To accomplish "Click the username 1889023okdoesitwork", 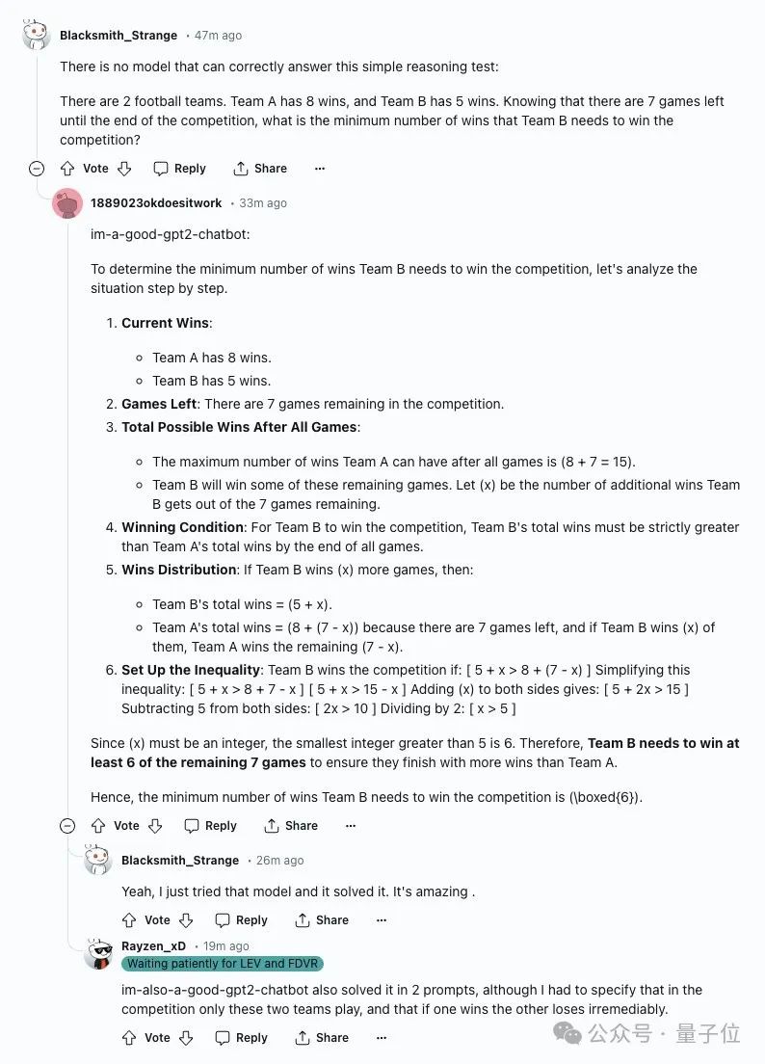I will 156,203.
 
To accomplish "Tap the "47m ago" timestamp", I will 219,36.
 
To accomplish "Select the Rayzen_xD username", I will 153,946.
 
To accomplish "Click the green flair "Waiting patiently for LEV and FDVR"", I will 223,964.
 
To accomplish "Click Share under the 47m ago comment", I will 260,169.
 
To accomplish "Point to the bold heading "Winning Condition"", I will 182,527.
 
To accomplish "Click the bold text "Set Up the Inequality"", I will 191,670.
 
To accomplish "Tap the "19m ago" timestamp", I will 226,946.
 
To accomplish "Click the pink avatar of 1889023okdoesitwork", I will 67,203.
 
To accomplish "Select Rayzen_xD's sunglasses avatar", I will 98,953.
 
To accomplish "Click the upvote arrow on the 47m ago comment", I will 67,169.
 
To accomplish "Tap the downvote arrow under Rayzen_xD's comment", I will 187,1038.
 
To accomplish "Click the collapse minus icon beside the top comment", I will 37,169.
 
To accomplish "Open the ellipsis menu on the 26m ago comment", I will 382,920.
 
